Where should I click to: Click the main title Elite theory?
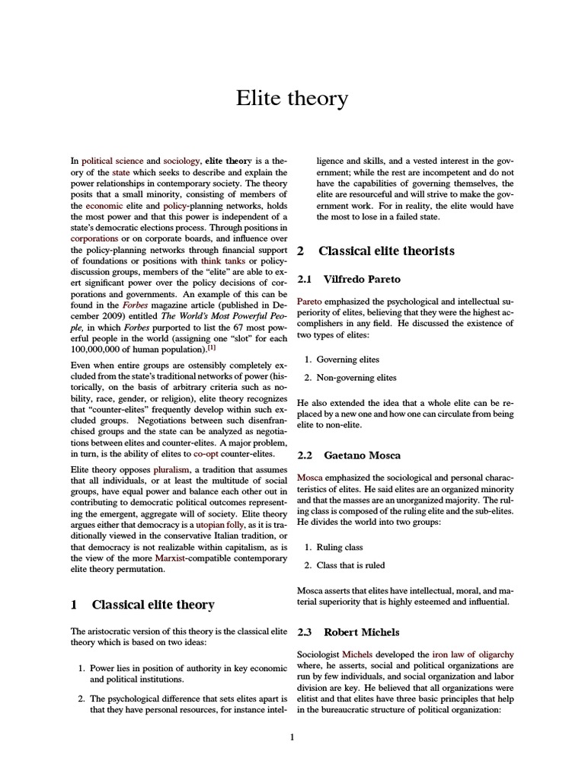tap(292, 98)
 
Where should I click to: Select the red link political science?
tap(112, 161)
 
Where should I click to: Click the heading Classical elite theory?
tap(152, 605)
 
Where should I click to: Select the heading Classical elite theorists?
tap(385, 251)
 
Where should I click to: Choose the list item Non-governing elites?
tap(347, 378)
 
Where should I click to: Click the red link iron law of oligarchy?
tap(472, 654)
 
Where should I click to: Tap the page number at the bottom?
tap(292, 737)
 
